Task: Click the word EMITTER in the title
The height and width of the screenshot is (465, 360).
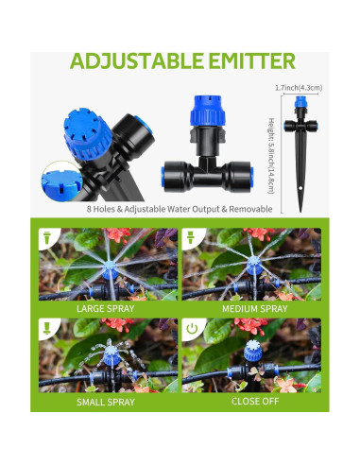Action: (249, 62)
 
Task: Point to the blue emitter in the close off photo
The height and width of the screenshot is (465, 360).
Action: (251, 354)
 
